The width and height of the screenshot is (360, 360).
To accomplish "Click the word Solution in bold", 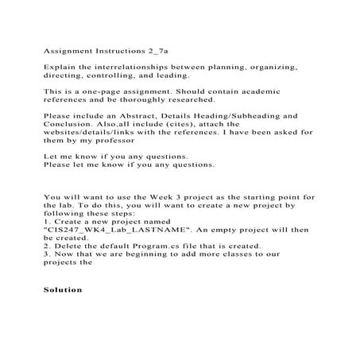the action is point(63,289).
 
